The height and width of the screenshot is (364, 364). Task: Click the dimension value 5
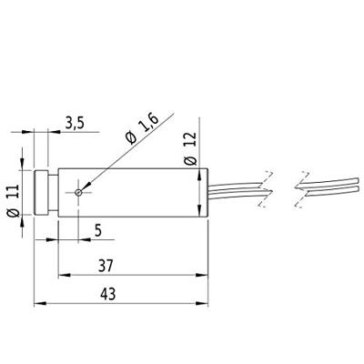[x=97, y=231]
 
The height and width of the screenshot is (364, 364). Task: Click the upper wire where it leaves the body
[x=227, y=183]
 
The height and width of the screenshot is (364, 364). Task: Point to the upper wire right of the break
[x=328, y=181]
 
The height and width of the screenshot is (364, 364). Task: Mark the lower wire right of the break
[x=328, y=190]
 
